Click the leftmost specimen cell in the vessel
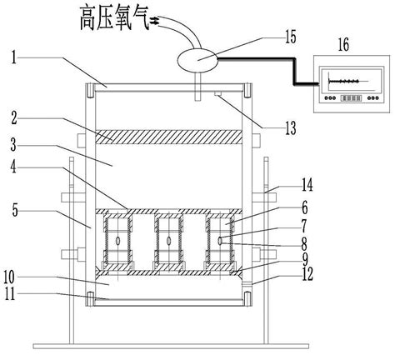117,240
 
